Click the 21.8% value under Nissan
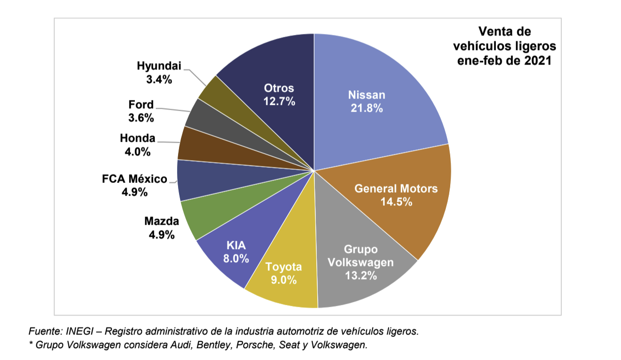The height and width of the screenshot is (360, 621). [367, 108]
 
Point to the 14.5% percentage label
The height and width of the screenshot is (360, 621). [396, 201]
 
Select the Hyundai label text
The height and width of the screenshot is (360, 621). [158, 66]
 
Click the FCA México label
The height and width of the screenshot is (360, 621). [134, 179]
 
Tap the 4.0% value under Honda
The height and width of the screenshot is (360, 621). [137, 152]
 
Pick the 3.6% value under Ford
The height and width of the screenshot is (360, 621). [141, 118]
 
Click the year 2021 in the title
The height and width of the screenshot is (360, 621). [539, 61]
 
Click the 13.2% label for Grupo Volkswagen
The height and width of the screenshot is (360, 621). [360, 276]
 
